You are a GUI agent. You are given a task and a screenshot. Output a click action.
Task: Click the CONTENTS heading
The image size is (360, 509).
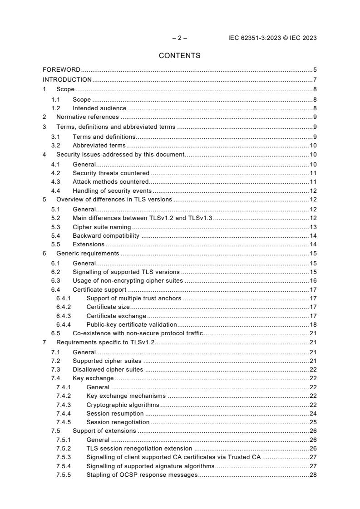180,56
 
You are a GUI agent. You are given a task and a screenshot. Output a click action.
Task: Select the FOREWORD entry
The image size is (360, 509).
61,70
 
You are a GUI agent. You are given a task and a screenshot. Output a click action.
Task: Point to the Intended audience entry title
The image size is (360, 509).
99,108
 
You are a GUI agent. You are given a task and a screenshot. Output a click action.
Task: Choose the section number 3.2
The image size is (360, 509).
55,146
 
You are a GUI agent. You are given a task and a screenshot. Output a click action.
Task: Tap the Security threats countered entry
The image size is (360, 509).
111,173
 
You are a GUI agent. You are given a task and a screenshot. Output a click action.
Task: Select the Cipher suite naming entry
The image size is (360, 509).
102,227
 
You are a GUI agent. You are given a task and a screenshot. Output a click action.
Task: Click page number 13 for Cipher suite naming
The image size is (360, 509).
313,227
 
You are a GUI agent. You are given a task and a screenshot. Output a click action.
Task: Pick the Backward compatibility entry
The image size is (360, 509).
106,236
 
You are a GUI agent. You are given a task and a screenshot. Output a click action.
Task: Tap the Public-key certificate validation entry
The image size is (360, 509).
132,324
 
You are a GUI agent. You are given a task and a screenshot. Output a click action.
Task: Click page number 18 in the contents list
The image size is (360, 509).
313,324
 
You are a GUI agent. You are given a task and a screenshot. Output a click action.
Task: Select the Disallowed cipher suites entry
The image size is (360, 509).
108,369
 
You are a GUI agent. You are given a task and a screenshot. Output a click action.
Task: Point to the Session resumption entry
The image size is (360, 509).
115,413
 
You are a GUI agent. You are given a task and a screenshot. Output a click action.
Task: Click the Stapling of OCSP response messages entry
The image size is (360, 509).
142,475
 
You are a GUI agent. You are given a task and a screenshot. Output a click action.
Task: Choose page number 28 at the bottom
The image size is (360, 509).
313,475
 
